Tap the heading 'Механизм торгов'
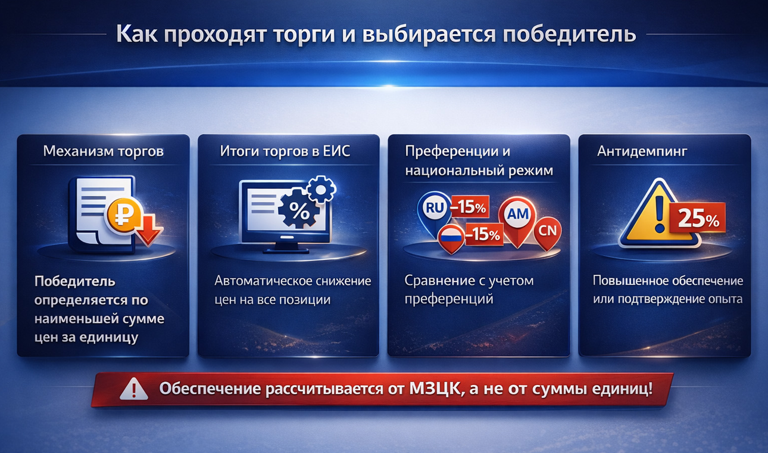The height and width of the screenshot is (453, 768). pos(103,151)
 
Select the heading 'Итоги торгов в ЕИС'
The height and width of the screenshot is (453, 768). pos(285,151)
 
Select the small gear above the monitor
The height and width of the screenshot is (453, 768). pos(320,190)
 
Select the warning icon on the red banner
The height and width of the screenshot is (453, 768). pos(133,390)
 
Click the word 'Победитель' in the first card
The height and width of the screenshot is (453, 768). pos(74,280)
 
